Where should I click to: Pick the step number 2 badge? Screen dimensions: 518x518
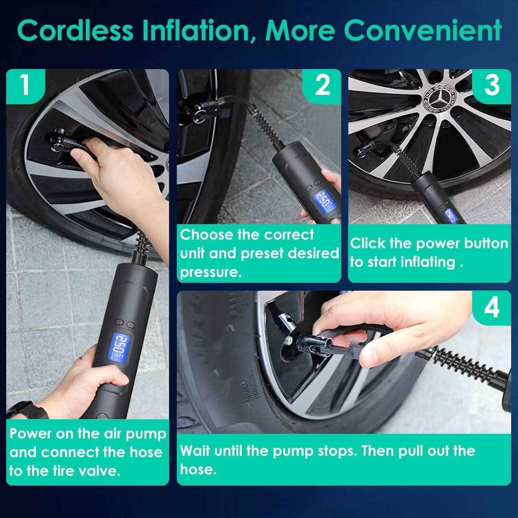[322, 86]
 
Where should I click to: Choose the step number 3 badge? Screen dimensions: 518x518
[492, 86]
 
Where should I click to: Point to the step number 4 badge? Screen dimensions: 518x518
[492, 307]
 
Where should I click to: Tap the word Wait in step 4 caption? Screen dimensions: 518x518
[195, 451]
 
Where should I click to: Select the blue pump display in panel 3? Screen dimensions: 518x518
[450, 215]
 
